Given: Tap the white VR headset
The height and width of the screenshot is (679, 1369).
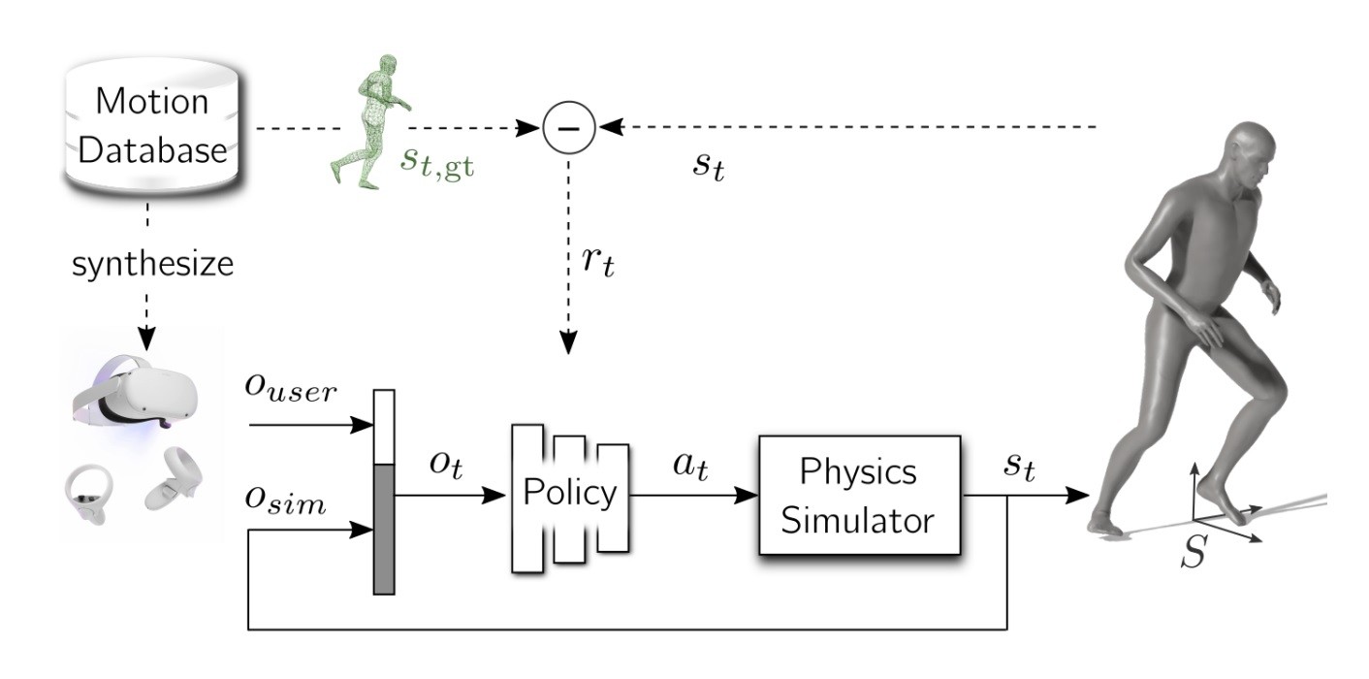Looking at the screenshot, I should [x=136, y=399].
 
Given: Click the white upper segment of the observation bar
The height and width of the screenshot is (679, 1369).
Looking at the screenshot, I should [x=385, y=427].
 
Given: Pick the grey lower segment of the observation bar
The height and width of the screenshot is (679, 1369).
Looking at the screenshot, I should [x=385, y=529].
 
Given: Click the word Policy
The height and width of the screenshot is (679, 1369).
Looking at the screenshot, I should [x=570, y=494].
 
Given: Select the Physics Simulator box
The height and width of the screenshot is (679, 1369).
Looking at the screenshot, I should [x=858, y=495].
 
